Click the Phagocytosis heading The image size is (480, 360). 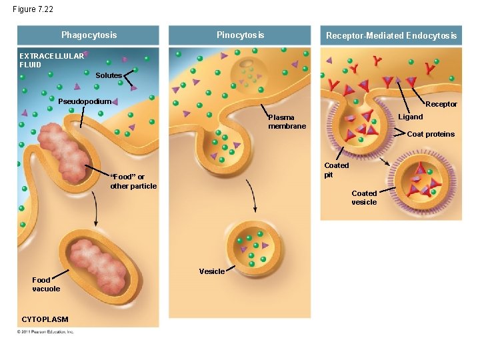[x=89, y=35]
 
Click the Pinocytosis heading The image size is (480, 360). [x=240, y=35]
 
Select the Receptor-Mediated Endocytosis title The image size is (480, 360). [x=391, y=36]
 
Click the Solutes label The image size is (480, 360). [x=108, y=75]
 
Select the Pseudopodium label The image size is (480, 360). [x=84, y=101]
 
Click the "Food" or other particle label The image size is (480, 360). [x=133, y=181]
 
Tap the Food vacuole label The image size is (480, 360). [x=46, y=285]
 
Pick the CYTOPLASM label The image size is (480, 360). [x=45, y=319]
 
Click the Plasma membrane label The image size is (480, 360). [x=287, y=122]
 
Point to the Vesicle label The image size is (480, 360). [x=211, y=271]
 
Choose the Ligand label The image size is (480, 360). [x=411, y=117]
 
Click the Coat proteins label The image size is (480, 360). [x=431, y=134]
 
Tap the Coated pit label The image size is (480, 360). [x=336, y=170]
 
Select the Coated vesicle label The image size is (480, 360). [x=364, y=197]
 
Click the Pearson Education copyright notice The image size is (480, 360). [x=46, y=331]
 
